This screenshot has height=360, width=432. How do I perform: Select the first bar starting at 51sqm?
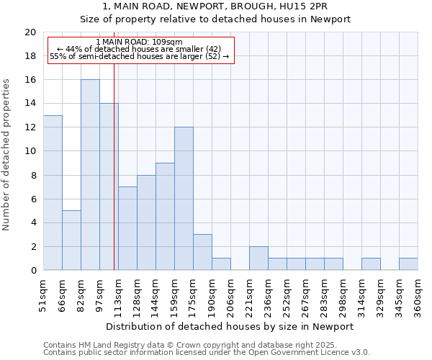pos(53,193)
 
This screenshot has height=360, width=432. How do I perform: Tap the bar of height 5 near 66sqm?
pos(71,240)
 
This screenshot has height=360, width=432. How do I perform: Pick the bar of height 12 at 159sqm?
pos(184,199)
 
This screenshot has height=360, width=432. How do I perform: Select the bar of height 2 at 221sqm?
pos(258,258)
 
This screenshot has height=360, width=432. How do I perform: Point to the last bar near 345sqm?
pos(408,264)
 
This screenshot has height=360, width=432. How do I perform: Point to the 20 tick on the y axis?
pos(30,32)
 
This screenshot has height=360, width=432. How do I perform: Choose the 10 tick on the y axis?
pos(30,151)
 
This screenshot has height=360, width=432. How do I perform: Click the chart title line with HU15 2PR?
pos(216,6)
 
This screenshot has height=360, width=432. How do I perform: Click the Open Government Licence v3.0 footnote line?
pos(207,353)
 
